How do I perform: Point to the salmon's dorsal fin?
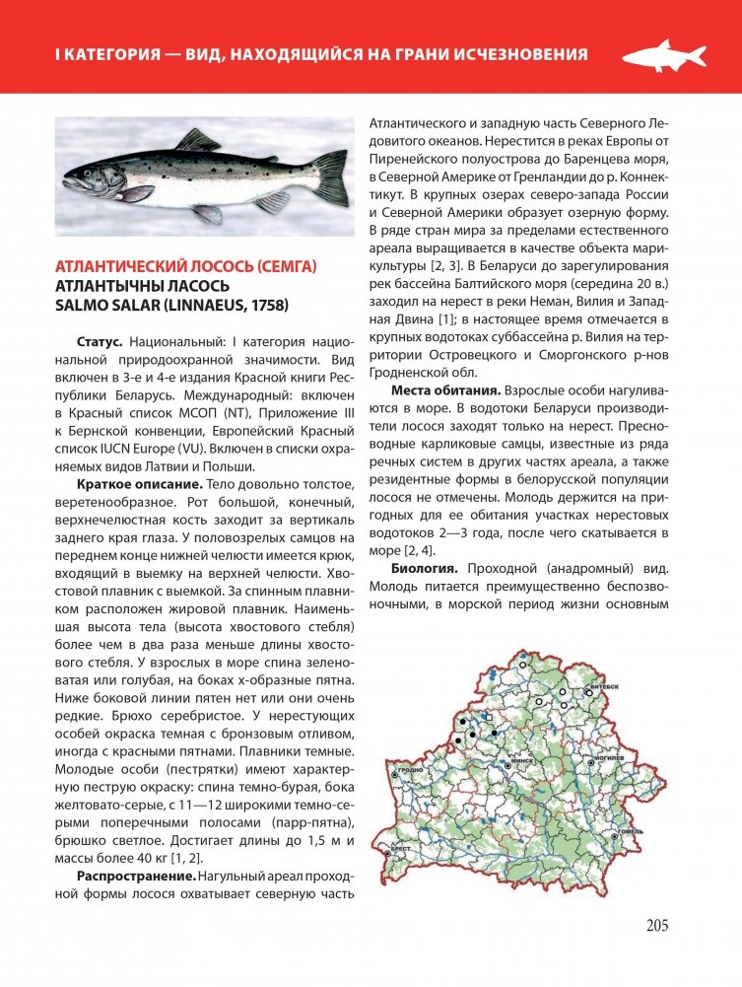point(197,140)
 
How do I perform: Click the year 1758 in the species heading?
point(267,306)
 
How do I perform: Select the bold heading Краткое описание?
point(139,485)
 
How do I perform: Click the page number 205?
point(657,925)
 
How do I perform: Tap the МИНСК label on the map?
point(521,762)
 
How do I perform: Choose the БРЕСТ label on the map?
point(399,847)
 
